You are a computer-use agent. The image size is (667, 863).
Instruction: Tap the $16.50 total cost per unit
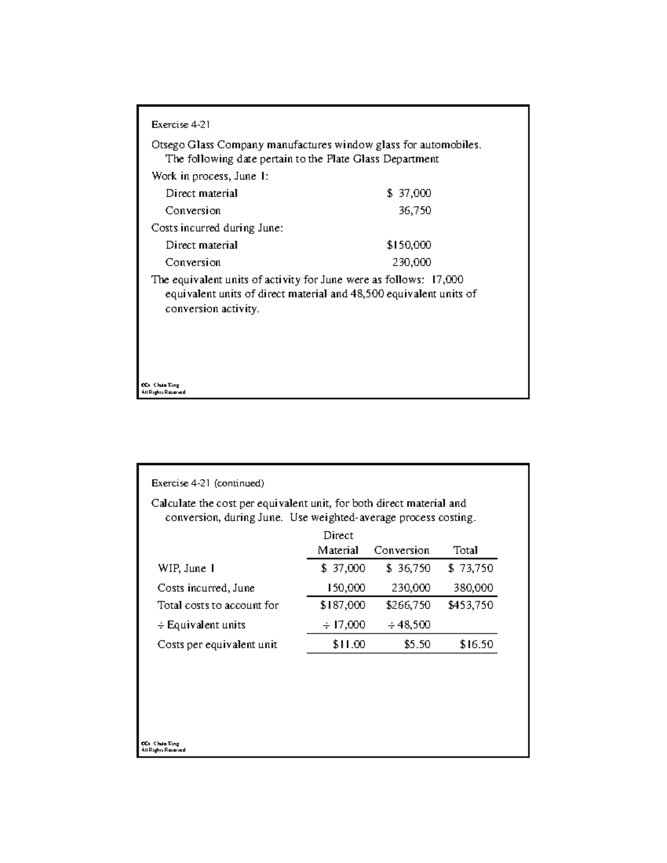476,645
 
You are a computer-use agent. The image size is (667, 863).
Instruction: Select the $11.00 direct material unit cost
349,645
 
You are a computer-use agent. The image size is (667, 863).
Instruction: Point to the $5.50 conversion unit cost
417,645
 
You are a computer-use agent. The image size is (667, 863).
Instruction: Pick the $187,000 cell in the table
342,605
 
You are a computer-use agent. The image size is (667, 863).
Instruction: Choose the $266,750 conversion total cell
408,605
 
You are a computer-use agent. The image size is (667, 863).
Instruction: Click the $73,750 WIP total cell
470,568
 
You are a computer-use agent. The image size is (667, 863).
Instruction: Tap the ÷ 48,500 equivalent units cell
409,625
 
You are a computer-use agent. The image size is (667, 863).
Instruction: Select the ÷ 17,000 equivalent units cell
344,625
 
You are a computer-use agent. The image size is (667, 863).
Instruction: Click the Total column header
465,550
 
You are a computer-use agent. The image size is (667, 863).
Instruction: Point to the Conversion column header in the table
401,550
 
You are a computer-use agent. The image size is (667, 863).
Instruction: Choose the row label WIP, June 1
186,568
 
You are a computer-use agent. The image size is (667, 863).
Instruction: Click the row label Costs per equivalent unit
217,645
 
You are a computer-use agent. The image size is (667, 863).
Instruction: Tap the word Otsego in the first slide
168,145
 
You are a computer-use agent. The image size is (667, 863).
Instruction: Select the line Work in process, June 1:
210,176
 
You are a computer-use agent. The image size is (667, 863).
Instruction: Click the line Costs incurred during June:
217,228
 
